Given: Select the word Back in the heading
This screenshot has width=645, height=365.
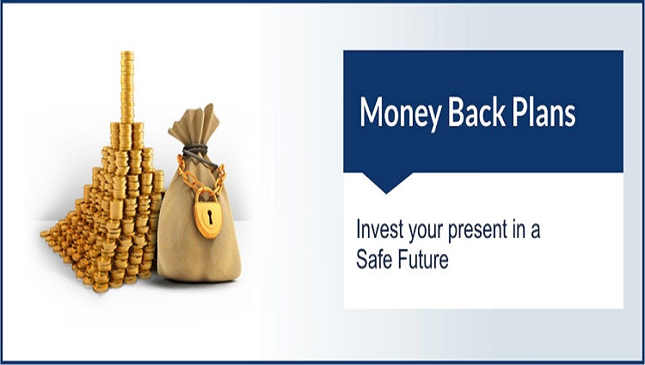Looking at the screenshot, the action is point(476,113).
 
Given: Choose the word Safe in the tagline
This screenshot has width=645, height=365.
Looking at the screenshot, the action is point(372,259).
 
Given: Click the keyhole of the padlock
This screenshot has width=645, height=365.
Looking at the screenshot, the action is point(210,216).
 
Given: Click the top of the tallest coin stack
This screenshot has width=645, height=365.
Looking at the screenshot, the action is point(127,53).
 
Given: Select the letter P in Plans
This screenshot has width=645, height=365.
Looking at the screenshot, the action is point(521,113).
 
